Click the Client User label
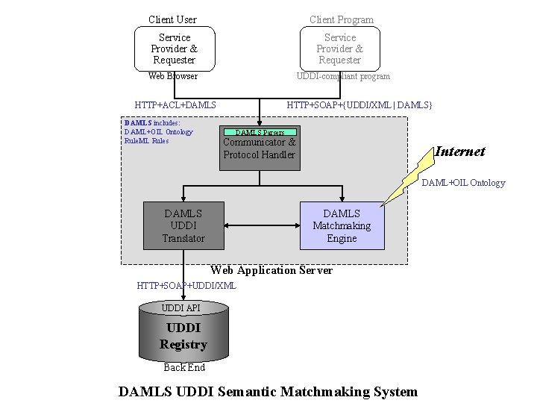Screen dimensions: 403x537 tap(172, 19)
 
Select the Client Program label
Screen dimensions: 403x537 tap(342, 19)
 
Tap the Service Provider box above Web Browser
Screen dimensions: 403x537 tap(174, 49)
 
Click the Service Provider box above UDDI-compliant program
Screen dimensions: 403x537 tap(339, 49)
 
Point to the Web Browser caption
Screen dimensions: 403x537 tap(173, 76)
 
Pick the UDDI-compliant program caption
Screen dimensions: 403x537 tap(342, 76)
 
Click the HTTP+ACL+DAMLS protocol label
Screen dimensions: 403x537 tap(175, 105)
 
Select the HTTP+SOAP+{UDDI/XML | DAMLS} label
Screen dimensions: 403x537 tap(359, 105)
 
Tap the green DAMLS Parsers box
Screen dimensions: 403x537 tap(260, 132)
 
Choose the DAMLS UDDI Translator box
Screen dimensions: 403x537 tap(183, 225)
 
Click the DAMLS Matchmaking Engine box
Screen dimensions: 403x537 tap(342, 225)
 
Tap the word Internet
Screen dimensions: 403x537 tap(459, 151)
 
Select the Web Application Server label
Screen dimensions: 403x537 tap(271, 270)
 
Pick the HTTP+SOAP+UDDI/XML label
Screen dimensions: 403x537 tap(186, 285)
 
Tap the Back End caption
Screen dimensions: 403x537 tap(184, 367)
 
